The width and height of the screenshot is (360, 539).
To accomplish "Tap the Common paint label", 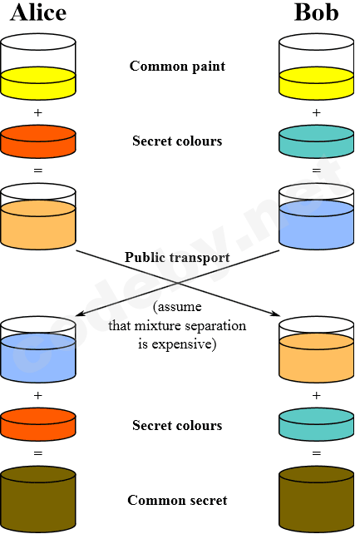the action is click(x=177, y=66).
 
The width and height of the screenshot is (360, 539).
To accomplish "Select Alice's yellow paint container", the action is click(x=38, y=67).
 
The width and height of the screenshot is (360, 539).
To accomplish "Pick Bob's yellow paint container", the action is click(x=317, y=67).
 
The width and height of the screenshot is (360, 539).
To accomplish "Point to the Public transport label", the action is click(x=177, y=258).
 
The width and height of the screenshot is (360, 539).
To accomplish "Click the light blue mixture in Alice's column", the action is click(x=38, y=349).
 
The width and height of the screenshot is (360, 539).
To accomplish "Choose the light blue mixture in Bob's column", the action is click(x=317, y=216).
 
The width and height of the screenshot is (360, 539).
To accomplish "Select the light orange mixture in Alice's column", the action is click(x=38, y=216).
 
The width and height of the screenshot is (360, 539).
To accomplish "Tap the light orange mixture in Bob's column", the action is click(x=317, y=349).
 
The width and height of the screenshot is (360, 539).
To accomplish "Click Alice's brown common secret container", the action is click(x=38, y=499).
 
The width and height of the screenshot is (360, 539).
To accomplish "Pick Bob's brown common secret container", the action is click(x=317, y=499).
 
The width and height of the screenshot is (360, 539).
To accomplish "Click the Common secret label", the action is click(x=177, y=500).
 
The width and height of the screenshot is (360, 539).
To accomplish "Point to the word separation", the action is click(x=216, y=326).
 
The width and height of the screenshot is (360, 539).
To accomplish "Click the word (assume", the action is click(x=177, y=307).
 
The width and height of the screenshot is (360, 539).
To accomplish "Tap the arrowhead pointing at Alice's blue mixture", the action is click(x=80, y=313).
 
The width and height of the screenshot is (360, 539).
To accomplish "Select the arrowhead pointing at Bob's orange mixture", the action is click(x=275, y=313).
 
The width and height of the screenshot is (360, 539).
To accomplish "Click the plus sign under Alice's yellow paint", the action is click(x=38, y=112).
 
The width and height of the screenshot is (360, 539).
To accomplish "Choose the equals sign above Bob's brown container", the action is click(x=317, y=453).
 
